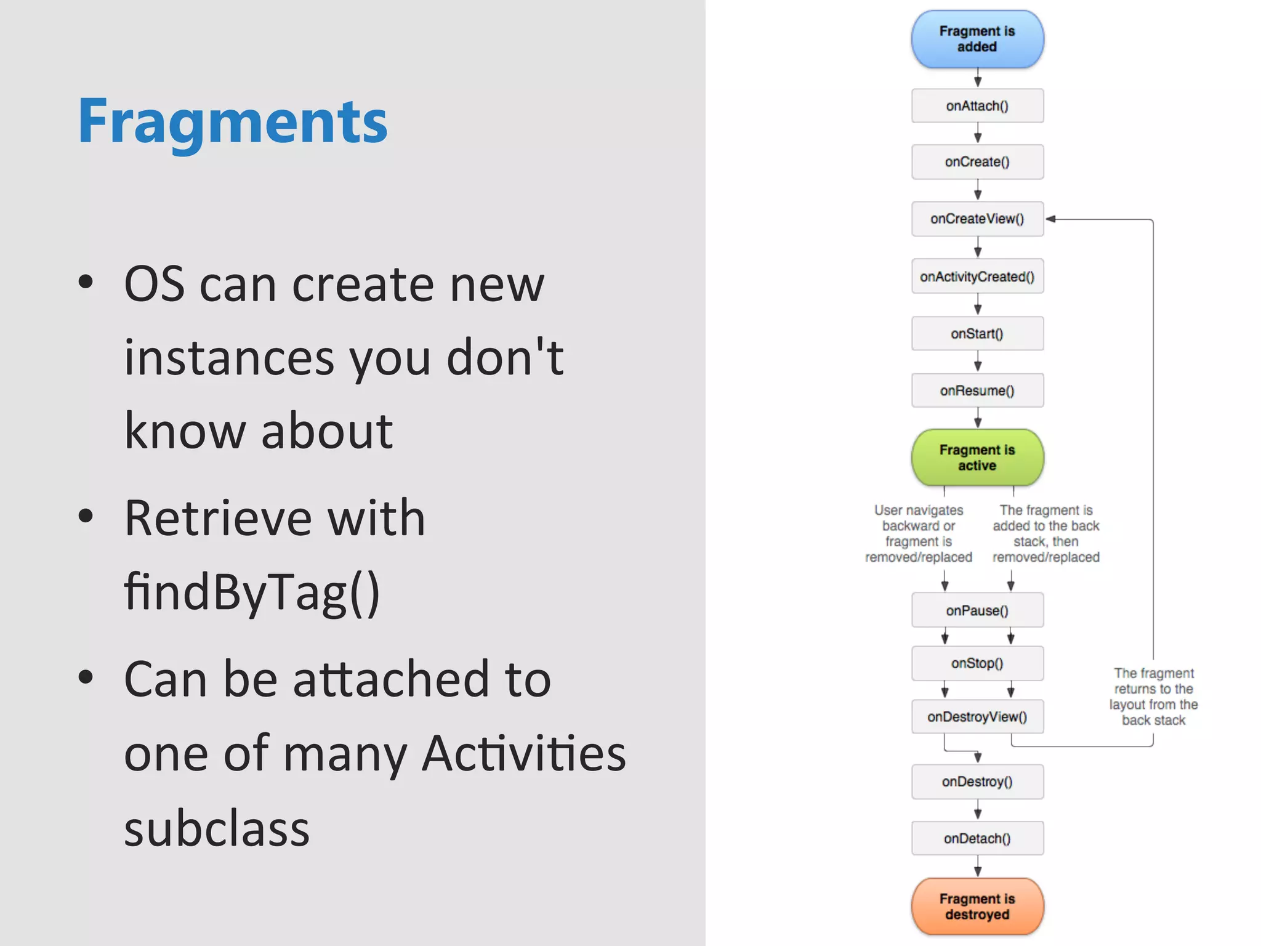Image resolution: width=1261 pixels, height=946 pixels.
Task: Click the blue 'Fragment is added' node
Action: pyautogui.click(x=977, y=39)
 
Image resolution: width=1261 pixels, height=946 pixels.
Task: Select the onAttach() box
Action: pyautogui.click(x=977, y=106)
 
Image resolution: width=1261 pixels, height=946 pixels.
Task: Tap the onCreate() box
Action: pyautogui.click(x=977, y=162)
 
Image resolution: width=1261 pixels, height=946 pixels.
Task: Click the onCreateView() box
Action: pyautogui.click(x=977, y=219)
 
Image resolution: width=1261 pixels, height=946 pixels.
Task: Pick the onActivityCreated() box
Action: pyautogui.click(x=977, y=277)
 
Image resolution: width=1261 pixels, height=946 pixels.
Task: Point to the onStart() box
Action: pyautogui.click(x=977, y=334)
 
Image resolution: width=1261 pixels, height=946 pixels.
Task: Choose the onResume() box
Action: pyautogui.click(x=977, y=390)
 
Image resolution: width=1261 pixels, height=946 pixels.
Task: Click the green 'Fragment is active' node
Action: pyautogui.click(x=977, y=458)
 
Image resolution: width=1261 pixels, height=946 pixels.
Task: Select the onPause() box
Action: pyautogui.click(x=977, y=610)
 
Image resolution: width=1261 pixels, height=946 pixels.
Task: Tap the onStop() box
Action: pyautogui.click(x=977, y=663)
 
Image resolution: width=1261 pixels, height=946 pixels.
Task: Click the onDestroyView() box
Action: pyautogui.click(x=977, y=717)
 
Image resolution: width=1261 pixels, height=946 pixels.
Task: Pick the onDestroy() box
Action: pyautogui.click(x=977, y=782)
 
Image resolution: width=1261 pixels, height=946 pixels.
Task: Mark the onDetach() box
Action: pyautogui.click(x=977, y=838)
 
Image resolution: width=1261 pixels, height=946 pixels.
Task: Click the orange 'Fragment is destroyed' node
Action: pyautogui.click(x=977, y=907)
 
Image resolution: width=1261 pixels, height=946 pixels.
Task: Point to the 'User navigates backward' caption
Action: pyautogui.click(x=919, y=533)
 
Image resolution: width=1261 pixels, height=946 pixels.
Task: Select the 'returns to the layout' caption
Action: pyautogui.click(x=1153, y=697)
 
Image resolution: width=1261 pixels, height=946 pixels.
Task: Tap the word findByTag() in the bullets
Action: pyautogui.click(x=252, y=591)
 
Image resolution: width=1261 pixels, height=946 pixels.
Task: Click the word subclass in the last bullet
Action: pyautogui.click(x=217, y=828)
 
